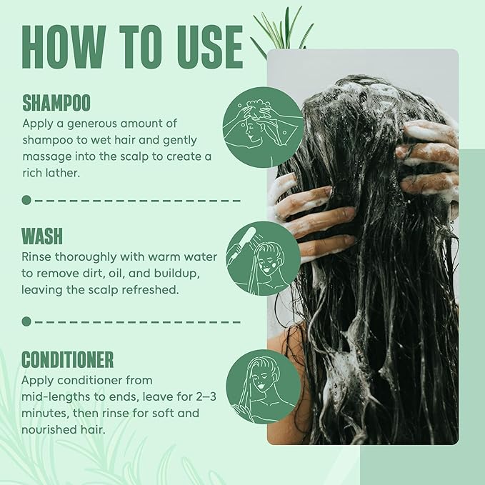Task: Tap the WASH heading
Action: [41, 236]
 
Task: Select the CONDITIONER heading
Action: [67, 359]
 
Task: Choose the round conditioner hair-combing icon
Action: [263, 386]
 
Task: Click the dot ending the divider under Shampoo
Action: [26, 200]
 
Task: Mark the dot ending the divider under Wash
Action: [26, 321]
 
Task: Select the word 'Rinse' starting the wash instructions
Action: [37, 256]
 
